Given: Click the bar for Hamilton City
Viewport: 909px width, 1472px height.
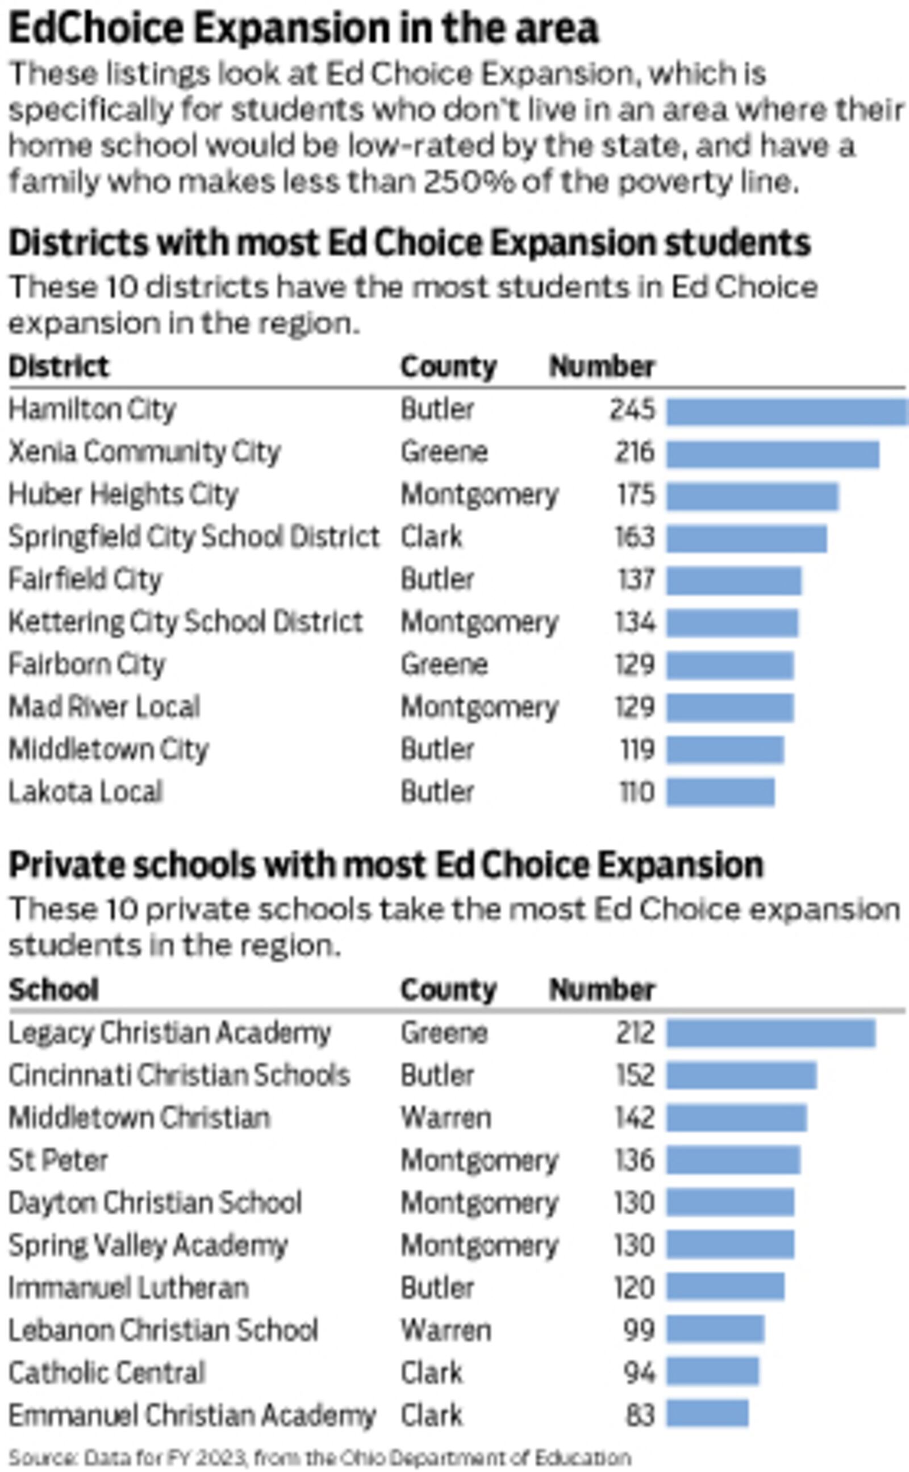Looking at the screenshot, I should coord(786,412).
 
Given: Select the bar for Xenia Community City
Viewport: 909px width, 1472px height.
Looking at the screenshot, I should coord(773,454).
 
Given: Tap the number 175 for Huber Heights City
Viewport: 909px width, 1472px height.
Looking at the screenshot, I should coord(636,495).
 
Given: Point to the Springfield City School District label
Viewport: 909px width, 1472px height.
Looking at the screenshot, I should coord(194,537).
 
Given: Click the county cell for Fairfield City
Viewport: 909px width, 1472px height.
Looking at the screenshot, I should coord(437,580).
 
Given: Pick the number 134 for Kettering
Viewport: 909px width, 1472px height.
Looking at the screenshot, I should coord(634,622).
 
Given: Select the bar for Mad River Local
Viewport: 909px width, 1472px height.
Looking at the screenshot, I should coord(730,708).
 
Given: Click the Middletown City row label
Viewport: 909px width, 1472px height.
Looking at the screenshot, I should coord(108,750).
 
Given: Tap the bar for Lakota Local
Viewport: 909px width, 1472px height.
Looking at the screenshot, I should coord(720,792).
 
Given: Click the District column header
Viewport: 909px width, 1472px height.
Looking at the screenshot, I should coord(59,367).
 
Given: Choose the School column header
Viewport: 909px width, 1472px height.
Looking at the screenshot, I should coord(53,989).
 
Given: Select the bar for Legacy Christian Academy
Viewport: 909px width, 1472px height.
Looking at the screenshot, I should coord(771,1033).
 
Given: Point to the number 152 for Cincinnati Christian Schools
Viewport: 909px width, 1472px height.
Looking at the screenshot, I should coord(635,1075).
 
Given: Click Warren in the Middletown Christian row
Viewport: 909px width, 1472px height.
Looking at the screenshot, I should coord(445,1118).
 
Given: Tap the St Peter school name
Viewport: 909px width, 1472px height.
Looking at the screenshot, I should coord(58,1160).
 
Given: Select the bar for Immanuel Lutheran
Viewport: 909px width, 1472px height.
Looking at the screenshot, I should coord(725,1287).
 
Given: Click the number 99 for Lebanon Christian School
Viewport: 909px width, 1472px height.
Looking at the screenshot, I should coord(639,1330).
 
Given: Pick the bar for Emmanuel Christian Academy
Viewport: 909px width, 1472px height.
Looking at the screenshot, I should coord(707,1415).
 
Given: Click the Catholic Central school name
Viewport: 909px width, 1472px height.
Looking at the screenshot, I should coord(107,1373).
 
